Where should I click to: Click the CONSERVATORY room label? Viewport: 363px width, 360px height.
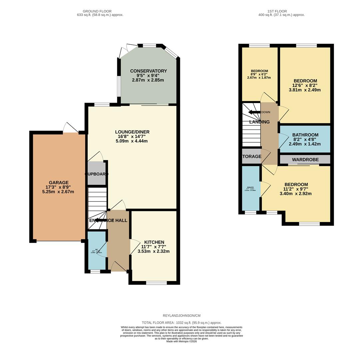click(x=148, y=71)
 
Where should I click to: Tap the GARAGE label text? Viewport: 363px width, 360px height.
click(x=59, y=182)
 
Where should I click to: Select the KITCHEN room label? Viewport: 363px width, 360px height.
click(x=154, y=242)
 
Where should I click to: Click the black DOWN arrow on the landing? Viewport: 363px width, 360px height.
click(x=254, y=112)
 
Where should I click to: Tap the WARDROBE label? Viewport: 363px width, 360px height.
click(x=305, y=160)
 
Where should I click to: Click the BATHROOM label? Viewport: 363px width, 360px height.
click(x=305, y=135)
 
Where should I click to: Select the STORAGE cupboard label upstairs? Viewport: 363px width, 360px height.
click(x=252, y=156)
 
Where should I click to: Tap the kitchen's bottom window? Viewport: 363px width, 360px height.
click(x=156, y=283)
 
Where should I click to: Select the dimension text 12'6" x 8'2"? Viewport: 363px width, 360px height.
click(x=305, y=85)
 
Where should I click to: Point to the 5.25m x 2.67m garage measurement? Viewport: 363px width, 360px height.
click(x=58, y=192)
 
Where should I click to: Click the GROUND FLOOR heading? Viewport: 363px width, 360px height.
click(x=97, y=11)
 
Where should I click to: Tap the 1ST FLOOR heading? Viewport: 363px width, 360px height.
click(x=277, y=11)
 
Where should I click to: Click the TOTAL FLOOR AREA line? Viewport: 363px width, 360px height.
click(x=181, y=323)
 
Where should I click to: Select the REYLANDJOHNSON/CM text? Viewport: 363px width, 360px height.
click(x=182, y=315)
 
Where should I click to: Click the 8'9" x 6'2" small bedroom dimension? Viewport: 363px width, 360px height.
click(x=259, y=74)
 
